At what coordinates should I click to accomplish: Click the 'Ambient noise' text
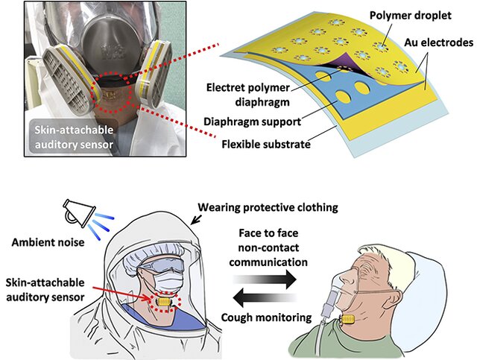point(46,241)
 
